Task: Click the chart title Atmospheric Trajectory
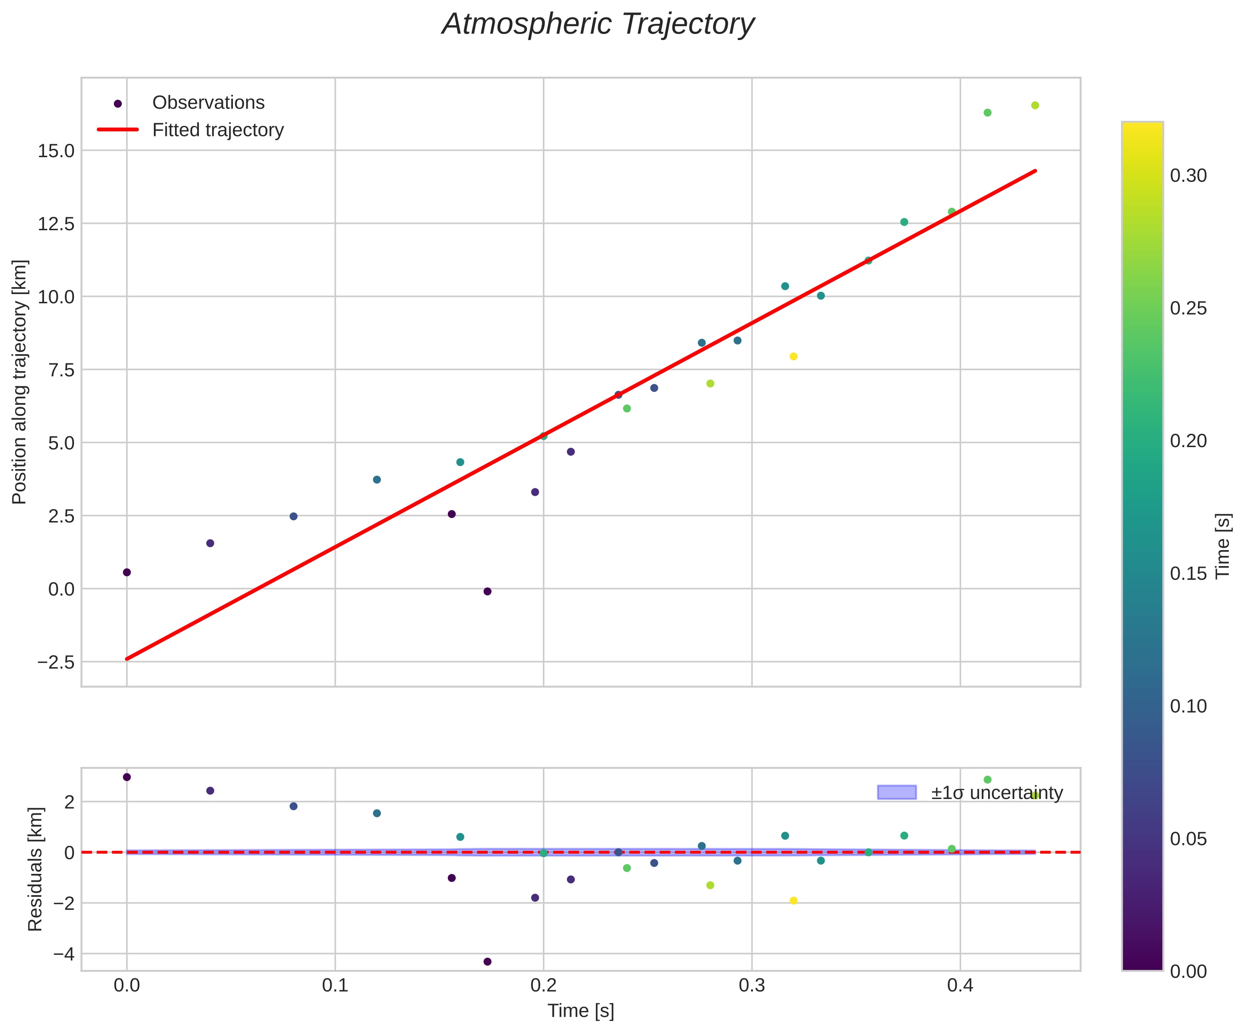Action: point(598,25)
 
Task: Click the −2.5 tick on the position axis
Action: point(57,662)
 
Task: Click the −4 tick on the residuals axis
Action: point(63,954)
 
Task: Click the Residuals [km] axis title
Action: point(35,869)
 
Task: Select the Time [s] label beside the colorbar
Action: point(1224,545)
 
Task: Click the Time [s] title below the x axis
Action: point(581,1011)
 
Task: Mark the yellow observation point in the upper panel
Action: point(794,356)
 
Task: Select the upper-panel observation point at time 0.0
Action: point(127,572)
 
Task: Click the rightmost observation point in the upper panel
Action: point(1035,105)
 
